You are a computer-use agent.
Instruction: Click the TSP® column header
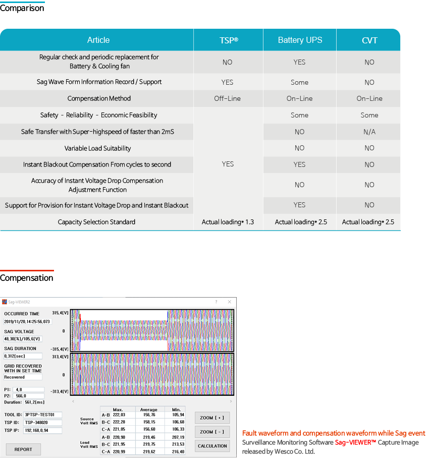coord(228,40)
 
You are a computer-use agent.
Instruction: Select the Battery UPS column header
coord(300,40)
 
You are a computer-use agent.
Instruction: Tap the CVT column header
coord(369,40)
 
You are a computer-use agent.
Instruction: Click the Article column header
coord(98,40)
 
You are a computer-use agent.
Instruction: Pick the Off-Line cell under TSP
coord(228,99)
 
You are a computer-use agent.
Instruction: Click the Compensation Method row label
coord(99,99)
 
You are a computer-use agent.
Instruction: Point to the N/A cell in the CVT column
coord(369,132)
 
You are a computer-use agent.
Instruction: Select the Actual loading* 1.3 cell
coord(228,222)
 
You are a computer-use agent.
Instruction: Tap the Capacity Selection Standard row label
coord(96,222)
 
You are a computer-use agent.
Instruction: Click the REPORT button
coord(23,449)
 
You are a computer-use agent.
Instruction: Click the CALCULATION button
coord(212,446)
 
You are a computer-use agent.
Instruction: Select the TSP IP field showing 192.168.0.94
coord(43,431)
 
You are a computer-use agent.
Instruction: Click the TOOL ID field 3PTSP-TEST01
coord(43,415)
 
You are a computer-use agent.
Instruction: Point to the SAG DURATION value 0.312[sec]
coord(23,356)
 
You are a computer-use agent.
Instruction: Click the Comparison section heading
coord(22,9)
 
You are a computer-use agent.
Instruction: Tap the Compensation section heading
coord(27,278)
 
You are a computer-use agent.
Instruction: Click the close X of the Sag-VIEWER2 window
coord(230,302)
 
